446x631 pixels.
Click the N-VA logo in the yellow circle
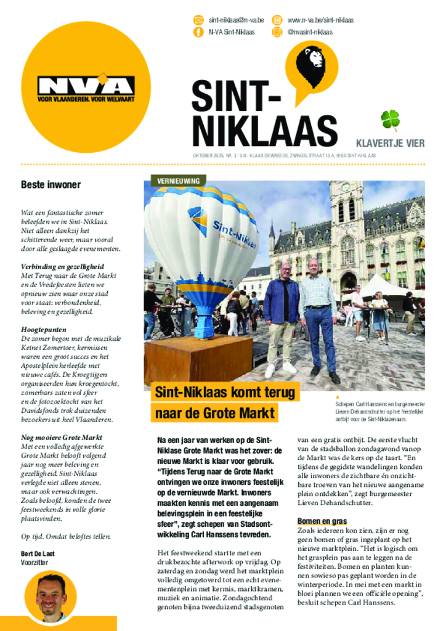click(x=86, y=88)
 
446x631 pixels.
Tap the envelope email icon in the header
click(x=198, y=20)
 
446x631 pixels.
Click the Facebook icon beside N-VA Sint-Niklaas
click(x=198, y=32)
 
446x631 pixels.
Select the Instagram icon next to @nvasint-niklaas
click(x=277, y=32)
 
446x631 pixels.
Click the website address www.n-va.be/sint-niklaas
click(x=320, y=20)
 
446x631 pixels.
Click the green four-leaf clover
click(x=390, y=119)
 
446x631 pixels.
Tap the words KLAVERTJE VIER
click(x=390, y=144)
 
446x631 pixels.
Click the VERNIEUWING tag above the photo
click(x=178, y=181)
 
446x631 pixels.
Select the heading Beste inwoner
click(x=51, y=184)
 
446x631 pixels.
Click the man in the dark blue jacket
click(x=282, y=317)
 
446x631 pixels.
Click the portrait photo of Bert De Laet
click(x=50, y=596)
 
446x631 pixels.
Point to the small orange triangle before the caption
click(x=337, y=397)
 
